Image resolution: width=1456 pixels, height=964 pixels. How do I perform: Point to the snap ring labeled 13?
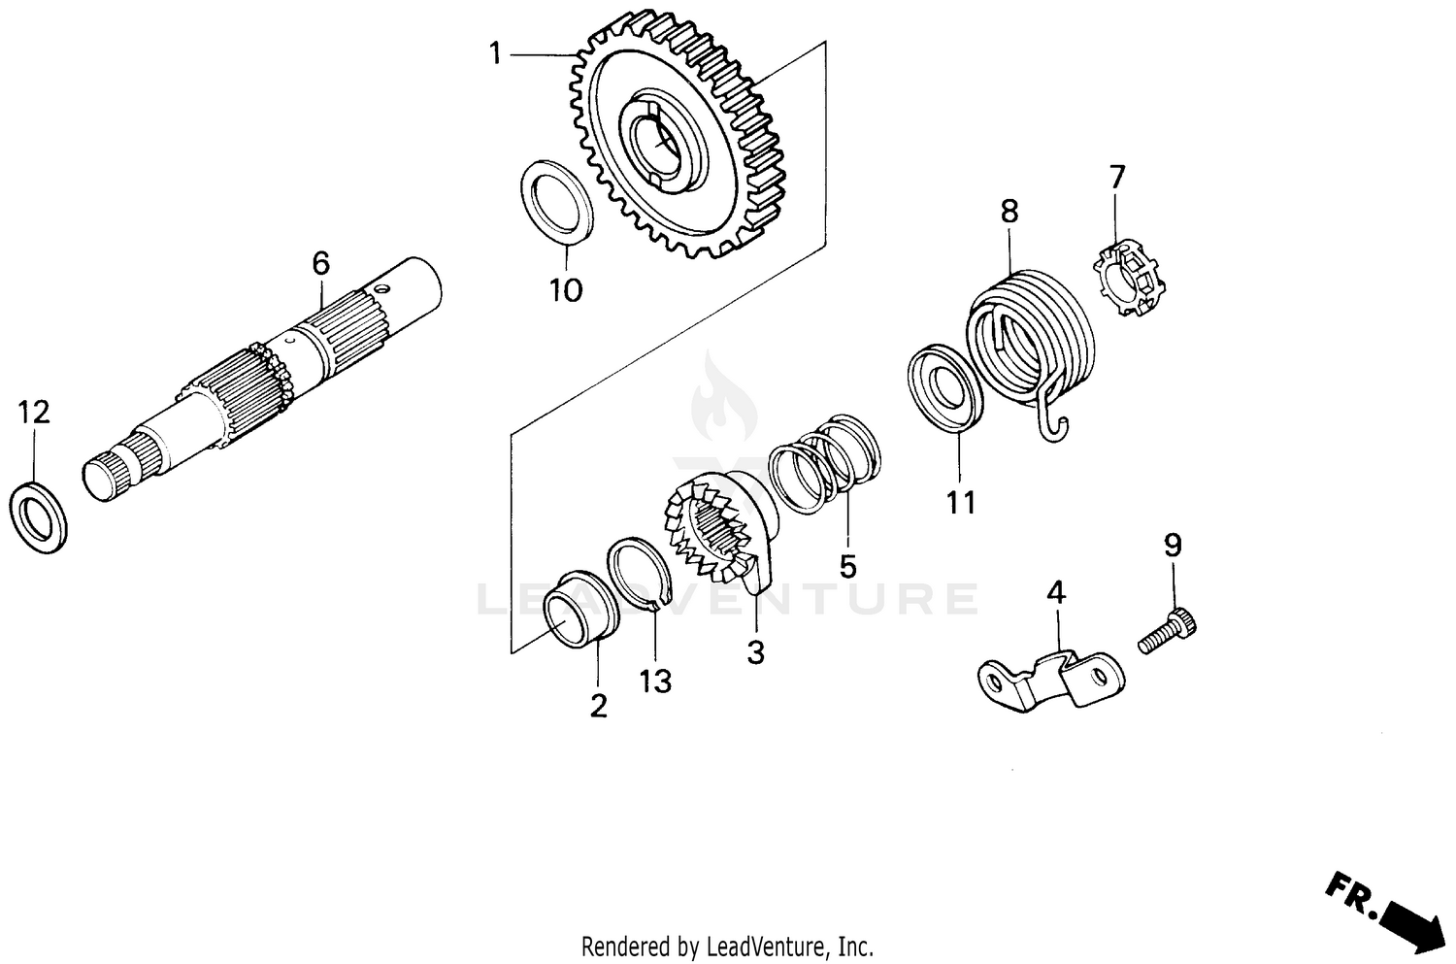[637, 574]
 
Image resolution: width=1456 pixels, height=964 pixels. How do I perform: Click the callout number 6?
[320, 263]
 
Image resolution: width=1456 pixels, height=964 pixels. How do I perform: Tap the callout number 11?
[961, 503]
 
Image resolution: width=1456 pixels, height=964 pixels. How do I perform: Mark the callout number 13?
[655, 682]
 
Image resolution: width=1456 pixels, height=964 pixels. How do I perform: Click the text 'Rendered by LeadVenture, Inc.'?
[727, 946]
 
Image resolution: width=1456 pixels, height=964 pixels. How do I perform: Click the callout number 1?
[496, 54]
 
